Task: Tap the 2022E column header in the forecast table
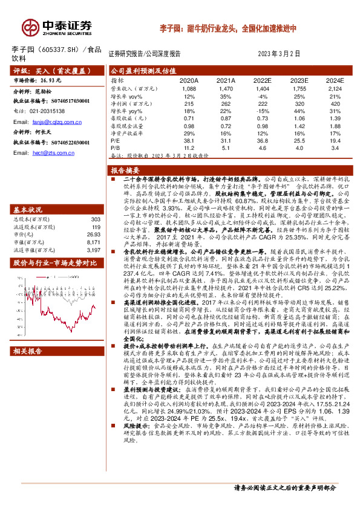262,79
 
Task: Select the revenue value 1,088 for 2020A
189,88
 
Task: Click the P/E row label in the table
114,140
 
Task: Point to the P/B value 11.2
189,147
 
